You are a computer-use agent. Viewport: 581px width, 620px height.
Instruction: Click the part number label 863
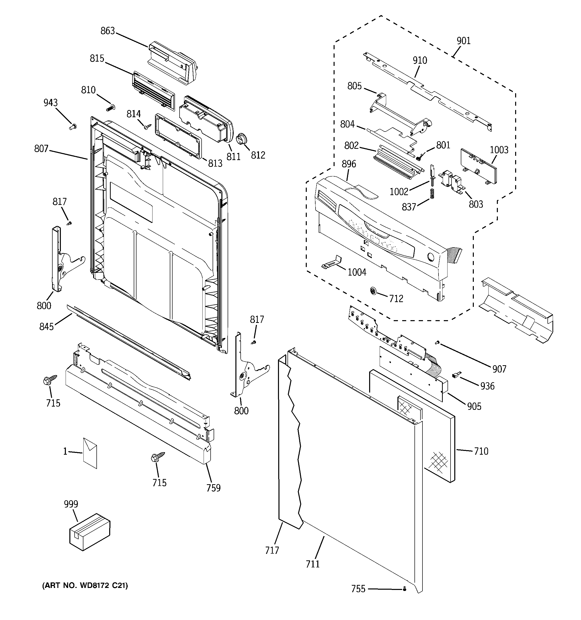coord(108,31)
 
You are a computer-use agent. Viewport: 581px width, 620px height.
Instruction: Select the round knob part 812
coord(242,139)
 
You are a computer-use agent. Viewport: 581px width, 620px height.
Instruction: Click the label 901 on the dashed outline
coord(464,41)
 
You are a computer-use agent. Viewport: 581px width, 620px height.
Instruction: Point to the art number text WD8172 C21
coord(85,586)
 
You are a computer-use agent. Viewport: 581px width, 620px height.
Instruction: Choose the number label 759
coord(213,488)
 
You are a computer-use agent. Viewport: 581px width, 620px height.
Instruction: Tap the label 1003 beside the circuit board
coord(499,150)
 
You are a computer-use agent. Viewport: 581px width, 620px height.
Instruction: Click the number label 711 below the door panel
coord(313,564)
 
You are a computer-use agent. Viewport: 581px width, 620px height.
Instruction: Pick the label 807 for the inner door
coord(41,149)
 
